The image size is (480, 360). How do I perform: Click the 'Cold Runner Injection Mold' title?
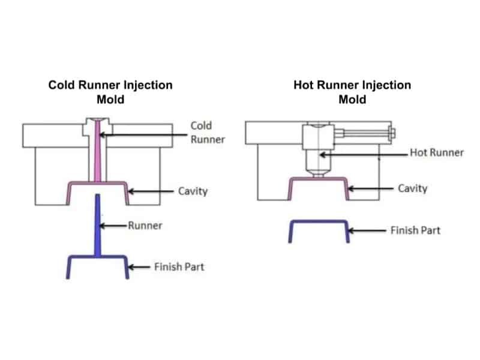[110, 91]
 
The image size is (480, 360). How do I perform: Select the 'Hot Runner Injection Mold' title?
[352, 91]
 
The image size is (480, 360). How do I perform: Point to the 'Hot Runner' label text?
[437, 152]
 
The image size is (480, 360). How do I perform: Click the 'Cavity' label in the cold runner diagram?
[193, 191]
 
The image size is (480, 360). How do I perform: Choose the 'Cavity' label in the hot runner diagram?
[413, 188]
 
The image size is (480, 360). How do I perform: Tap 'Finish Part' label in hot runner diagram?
[415, 230]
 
